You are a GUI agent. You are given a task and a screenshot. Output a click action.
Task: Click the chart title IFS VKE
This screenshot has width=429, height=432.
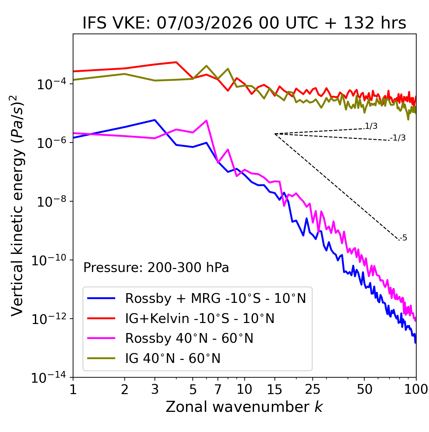click(244, 23)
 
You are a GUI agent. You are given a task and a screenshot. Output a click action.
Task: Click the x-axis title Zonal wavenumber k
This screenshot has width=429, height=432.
click(244, 407)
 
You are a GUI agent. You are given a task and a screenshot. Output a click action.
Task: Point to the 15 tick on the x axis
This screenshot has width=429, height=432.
click(275, 389)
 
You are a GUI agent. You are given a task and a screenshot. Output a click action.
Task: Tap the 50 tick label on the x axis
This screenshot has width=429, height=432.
click(365, 389)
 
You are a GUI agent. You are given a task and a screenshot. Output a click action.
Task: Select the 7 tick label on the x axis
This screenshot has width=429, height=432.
click(218, 389)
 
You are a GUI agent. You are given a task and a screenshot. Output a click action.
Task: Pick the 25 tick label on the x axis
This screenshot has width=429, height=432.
click(313, 389)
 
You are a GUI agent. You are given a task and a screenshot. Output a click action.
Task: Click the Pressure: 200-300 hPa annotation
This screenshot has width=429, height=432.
click(156, 268)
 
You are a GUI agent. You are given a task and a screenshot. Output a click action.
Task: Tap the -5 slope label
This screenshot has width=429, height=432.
click(404, 238)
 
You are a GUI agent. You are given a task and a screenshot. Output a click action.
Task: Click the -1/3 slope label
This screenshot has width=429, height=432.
click(398, 138)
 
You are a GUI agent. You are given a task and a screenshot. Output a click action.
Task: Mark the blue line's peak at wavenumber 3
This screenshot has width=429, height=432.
click(155, 120)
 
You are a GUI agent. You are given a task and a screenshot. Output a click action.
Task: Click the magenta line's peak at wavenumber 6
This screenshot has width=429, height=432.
click(206, 120)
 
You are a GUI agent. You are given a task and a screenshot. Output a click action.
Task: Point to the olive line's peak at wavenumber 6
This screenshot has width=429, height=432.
click(206, 66)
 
